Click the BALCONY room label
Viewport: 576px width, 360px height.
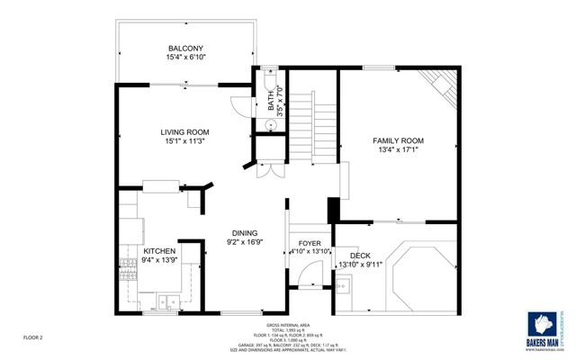click(x=186, y=48)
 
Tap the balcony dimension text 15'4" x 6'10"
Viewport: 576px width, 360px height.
click(x=186, y=58)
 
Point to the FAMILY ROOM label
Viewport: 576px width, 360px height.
click(x=398, y=141)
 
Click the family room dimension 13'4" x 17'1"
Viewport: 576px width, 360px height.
click(x=398, y=151)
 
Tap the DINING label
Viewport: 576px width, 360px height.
click(x=245, y=231)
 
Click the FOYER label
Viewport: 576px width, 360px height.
click(x=309, y=242)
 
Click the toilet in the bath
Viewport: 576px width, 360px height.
click(x=270, y=78)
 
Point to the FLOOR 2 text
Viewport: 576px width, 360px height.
click(x=34, y=337)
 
